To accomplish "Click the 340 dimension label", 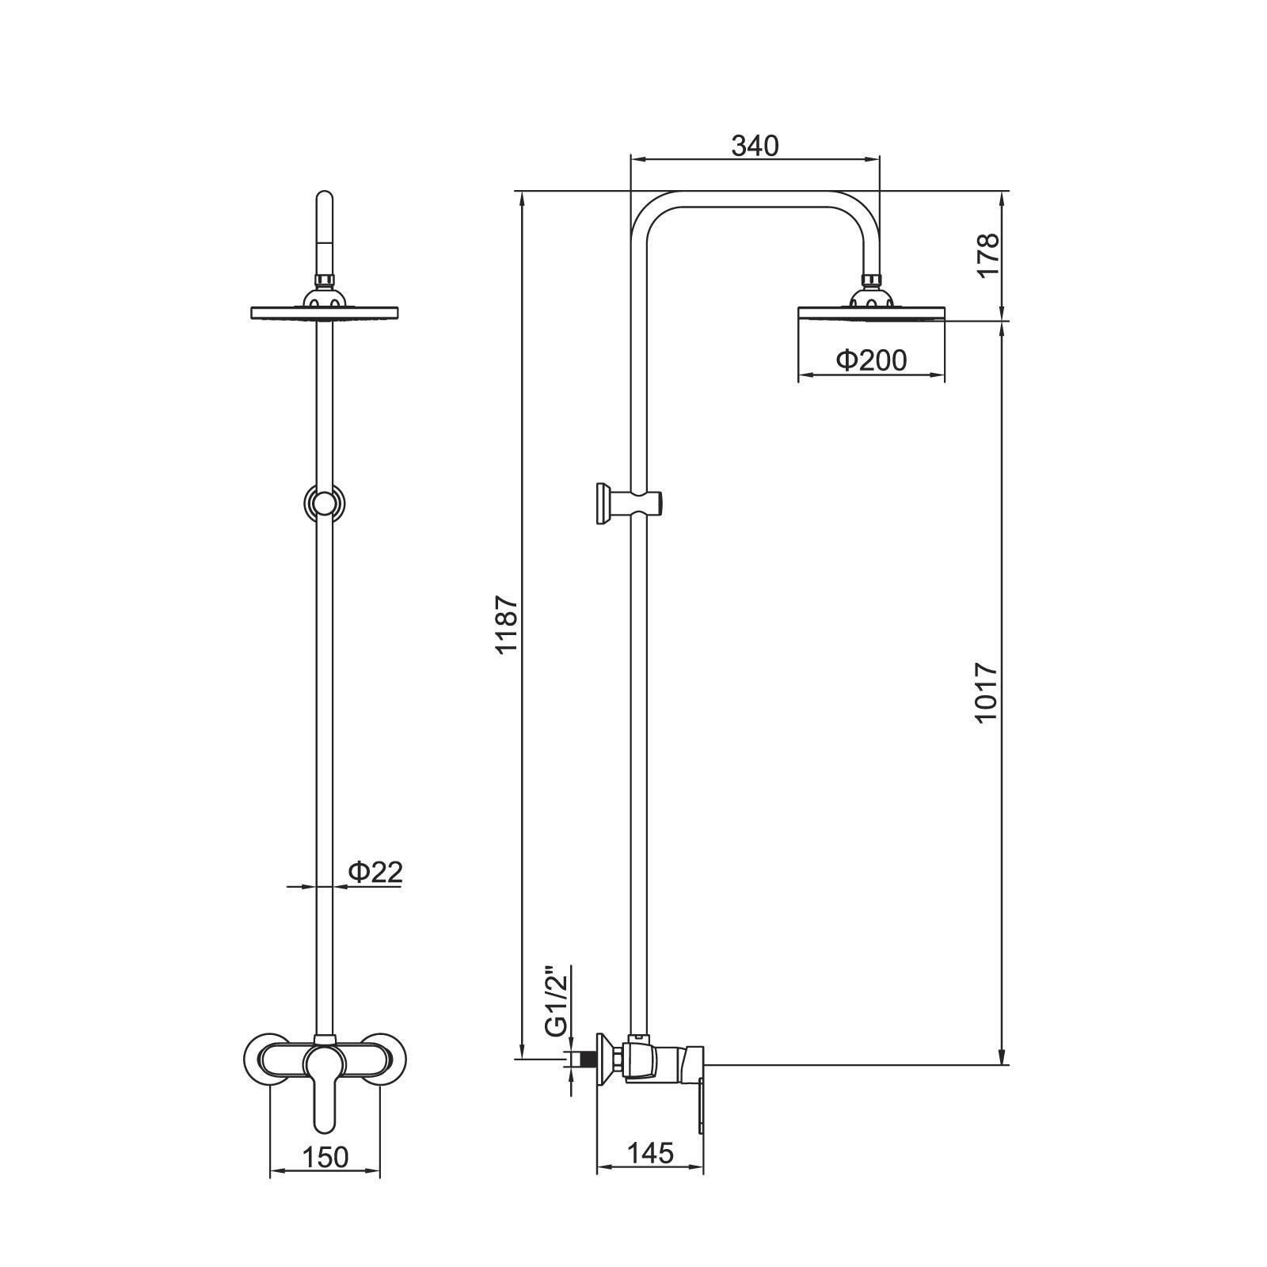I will click(x=755, y=146).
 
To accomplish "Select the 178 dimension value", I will click(x=987, y=255).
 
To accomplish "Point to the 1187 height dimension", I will click(x=506, y=625).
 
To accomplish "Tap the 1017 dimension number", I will click(x=987, y=692).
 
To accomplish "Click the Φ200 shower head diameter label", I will click(x=871, y=361).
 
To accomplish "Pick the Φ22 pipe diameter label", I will click(x=375, y=872).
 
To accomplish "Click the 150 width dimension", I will click(x=325, y=1157).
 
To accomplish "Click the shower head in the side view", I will click(x=872, y=313).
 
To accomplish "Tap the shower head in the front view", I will click(x=325, y=313).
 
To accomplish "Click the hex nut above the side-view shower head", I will click(x=872, y=280).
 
